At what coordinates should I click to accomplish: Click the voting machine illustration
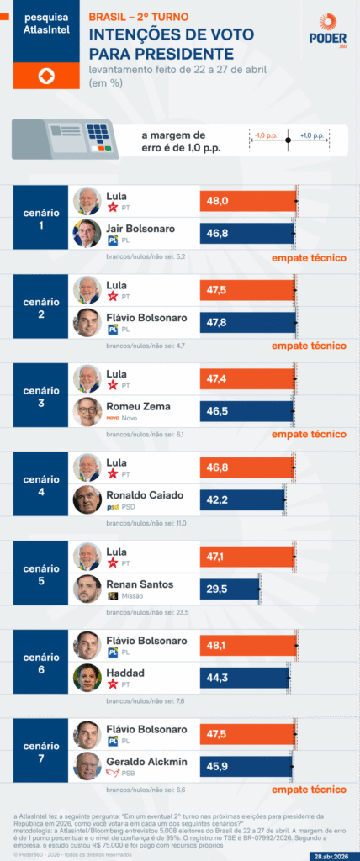(x=65, y=138)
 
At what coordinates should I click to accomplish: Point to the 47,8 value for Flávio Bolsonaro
(x=219, y=322)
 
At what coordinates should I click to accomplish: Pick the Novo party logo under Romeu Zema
(x=113, y=418)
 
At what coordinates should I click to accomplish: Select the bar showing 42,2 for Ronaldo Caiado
(x=242, y=499)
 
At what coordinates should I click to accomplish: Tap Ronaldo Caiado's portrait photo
(x=87, y=499)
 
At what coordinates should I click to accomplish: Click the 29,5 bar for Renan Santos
(x=229, y=589)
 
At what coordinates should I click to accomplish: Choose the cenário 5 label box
(x=40, y=573)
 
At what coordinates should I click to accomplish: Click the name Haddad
(x=126, y=672)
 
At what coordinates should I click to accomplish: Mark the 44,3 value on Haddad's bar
(x=219, y=678)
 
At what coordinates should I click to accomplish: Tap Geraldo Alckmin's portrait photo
(x=87, y=766)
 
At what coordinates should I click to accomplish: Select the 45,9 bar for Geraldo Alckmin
(x=246, y=766)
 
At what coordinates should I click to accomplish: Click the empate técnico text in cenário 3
(x=309, y=435)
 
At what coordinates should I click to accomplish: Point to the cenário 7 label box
(x=40, y=750)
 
